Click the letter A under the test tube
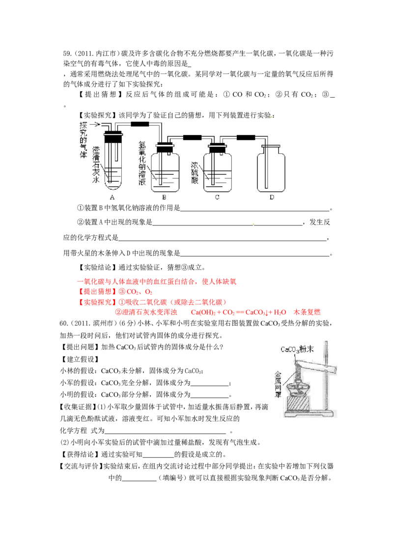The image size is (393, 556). [112, 197]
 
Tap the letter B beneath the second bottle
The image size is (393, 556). [164, 197]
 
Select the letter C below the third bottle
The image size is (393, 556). [217, 197]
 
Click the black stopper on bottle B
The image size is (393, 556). [164, 145]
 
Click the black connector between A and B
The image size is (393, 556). [140, 124]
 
